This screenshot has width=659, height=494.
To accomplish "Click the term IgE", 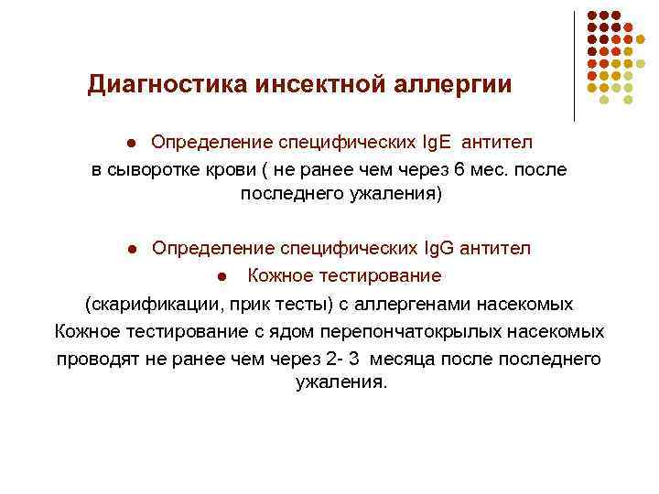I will pos(438,143).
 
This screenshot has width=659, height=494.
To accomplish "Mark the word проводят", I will pos(97,358).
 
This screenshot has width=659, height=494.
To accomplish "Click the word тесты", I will pos(292,303).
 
